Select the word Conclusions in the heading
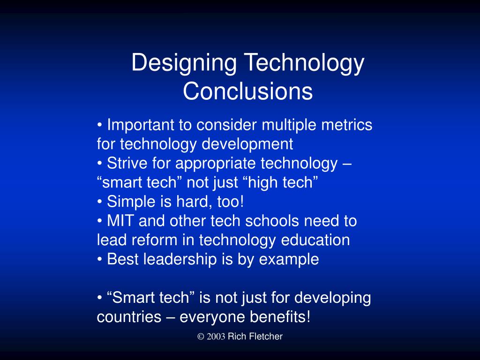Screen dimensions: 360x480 pos(247,92)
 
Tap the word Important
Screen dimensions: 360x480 pos(141,126)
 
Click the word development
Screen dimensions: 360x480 pos(247,144)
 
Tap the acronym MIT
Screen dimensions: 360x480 pos(120,221)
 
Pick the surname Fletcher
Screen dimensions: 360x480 pos(265,337)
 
